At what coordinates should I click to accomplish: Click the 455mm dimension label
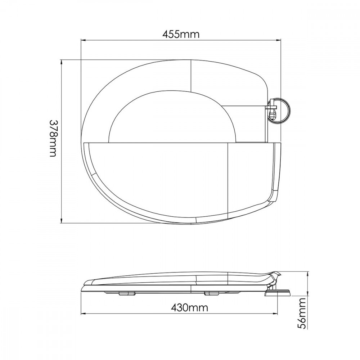pos(181,35)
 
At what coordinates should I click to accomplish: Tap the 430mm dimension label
pos(189,307)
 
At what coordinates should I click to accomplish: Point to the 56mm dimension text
pos(303,313)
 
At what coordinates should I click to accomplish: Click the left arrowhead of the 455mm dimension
pos(83,41)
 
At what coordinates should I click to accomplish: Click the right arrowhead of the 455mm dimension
pos(279,41)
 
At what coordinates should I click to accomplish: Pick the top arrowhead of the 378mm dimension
pos(61,62)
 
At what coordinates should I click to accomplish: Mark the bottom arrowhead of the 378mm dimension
pos(61,220)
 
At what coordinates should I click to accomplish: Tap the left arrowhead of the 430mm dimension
pos(84,313)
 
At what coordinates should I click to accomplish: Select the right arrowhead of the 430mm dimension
pos(275,313)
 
